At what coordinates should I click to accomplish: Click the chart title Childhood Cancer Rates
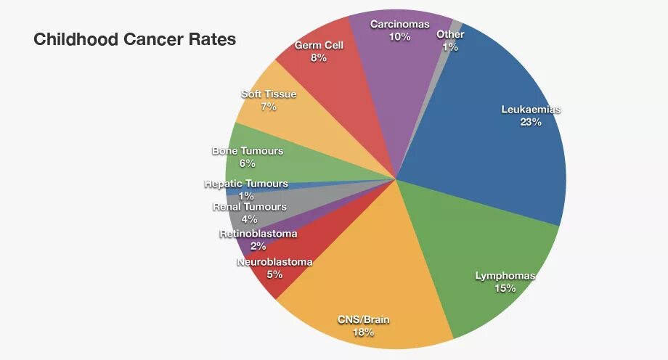coord(134,40)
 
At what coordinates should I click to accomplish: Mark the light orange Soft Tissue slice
coord(290,116)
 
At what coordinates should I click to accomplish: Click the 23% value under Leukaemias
coord(531,122)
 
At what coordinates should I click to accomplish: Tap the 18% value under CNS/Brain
coord(364,332)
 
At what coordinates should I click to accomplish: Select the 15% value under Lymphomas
coord(505,288)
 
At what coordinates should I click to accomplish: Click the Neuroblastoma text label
coord(274,262)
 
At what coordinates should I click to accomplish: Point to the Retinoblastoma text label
coord(258,234)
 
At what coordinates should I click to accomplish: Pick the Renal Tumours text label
coord(249,207)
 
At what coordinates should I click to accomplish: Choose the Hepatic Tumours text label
coord(246,184)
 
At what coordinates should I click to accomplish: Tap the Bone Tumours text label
coord(248,151)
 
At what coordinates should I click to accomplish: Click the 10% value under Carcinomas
coord(399,36)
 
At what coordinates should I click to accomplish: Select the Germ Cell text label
coord(319,45)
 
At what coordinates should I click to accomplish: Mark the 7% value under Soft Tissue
coord(268,107)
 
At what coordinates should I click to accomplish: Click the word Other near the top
coord(451,34)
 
